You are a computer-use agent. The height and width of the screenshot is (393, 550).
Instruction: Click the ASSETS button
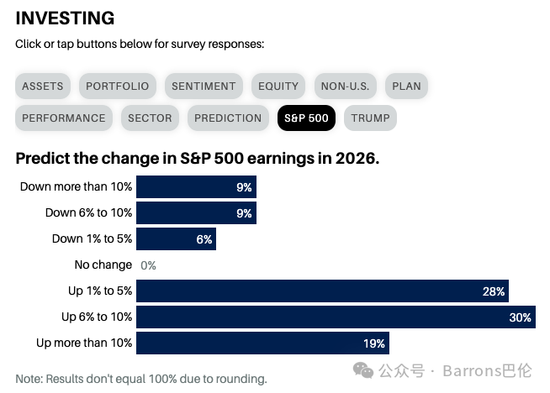43,86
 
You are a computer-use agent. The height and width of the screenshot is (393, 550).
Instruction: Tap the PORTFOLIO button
118,86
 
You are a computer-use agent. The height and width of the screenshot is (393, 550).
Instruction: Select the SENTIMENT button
204,86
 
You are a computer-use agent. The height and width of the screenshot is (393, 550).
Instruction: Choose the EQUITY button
278,86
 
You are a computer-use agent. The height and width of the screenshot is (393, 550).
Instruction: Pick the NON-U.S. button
346,86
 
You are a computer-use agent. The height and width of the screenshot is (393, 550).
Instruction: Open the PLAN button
406,86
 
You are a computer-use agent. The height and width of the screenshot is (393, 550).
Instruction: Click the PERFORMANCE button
64,118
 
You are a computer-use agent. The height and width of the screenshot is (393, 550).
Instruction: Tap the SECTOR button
151,118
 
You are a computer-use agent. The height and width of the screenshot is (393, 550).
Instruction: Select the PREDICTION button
228,118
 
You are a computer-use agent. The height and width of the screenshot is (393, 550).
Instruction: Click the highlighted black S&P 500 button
306,118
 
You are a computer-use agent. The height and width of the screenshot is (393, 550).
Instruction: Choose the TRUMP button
370,118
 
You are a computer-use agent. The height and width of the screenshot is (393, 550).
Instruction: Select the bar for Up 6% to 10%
336,317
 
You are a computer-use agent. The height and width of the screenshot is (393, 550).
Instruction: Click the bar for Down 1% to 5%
176,238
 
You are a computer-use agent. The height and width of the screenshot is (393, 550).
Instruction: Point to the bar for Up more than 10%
262,343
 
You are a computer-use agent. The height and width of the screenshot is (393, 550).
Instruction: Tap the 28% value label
494,291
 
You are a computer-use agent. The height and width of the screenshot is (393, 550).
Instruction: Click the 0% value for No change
148,265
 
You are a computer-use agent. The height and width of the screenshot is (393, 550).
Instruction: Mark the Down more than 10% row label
77,186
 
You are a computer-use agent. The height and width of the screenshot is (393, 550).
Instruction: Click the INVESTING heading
66,18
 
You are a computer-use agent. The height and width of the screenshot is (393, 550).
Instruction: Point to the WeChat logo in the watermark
363,370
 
